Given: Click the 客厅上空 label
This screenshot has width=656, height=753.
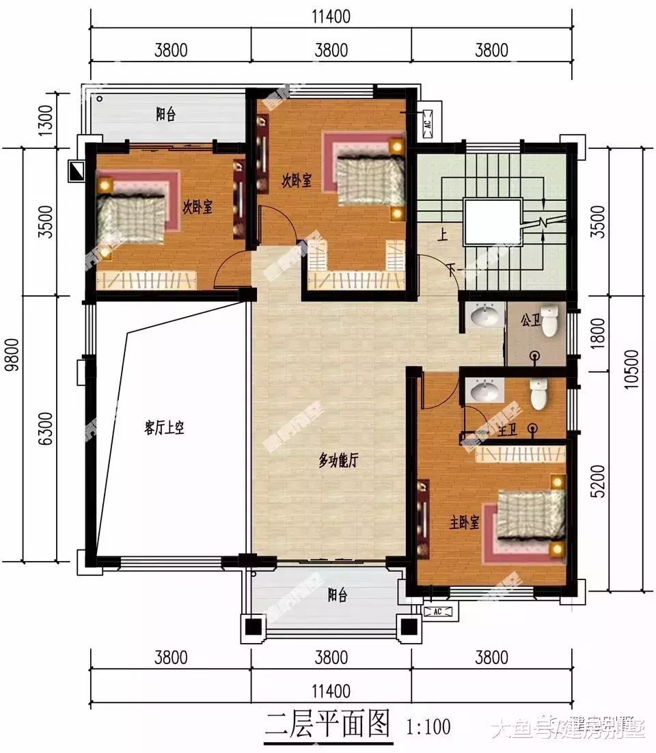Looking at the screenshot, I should coord(165,428).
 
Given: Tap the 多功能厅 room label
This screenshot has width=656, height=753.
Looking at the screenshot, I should coord(338,461).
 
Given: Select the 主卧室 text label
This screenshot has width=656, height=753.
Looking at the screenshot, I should coord(464,523).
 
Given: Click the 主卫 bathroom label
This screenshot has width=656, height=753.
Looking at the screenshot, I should coord(508,430).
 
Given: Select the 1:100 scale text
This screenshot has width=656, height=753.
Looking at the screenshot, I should coord(428,725).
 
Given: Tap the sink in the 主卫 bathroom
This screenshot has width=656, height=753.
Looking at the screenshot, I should coord(486,391).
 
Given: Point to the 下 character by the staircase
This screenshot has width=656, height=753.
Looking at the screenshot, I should coord(450,267).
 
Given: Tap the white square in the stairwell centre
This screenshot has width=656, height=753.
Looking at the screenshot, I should coord(492,222).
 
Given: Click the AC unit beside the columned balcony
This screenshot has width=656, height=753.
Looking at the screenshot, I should coord(435,611).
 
